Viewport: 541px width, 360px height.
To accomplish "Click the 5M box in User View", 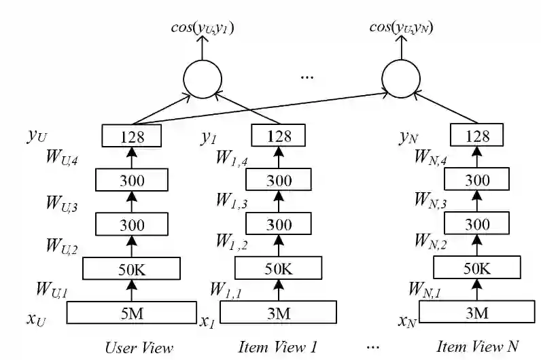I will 133,313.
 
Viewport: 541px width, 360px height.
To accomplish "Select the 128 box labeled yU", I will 133,136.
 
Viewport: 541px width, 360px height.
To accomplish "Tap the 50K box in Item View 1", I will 279,268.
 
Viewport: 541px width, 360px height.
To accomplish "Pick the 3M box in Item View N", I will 476,313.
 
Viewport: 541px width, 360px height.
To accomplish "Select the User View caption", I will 139,347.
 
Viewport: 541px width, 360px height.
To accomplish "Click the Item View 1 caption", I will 277,347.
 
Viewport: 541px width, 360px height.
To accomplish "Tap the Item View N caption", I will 476,347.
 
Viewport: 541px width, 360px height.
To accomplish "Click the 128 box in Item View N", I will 476,136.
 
